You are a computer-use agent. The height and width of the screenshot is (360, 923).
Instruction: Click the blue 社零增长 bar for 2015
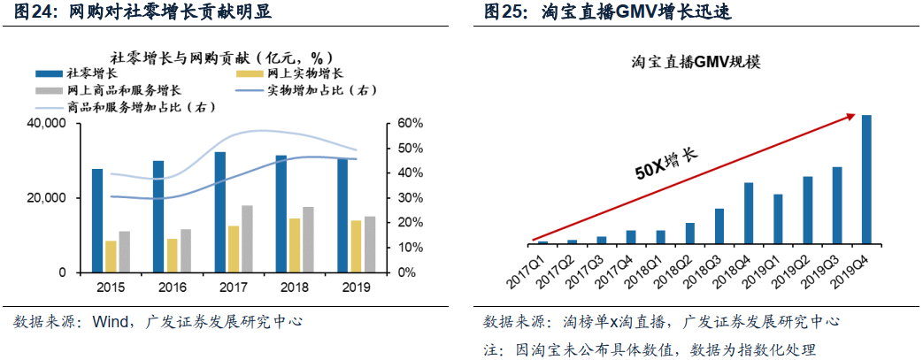97,220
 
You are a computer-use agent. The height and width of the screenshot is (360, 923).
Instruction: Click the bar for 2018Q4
748,212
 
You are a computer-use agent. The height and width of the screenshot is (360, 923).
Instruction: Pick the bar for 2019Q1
778,218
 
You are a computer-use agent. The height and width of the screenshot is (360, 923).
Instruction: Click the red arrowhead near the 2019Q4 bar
851,115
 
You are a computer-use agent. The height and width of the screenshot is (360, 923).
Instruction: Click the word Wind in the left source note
112,322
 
